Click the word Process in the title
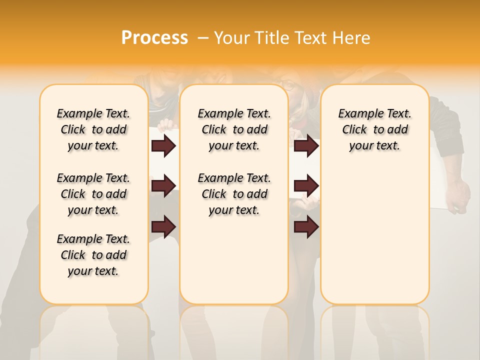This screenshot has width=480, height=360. click(x=154, y=37)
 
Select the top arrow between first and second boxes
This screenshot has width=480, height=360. click(x=163, y=146)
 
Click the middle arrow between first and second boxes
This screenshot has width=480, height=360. click(x=163, y=186)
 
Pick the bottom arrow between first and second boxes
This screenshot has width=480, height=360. click(x=163, y=226)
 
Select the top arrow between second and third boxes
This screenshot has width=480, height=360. click(x=306, y=146)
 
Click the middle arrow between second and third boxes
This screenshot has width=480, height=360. click(x=306, y=186)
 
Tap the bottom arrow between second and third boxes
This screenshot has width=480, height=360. click(x=306, y=226)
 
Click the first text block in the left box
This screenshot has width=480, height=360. click(x=93, y=129)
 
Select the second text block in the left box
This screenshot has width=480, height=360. click(x=93, y=194)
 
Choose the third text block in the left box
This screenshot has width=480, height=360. click(x=93, y=255)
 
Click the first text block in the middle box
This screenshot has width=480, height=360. click(x=234, y=129)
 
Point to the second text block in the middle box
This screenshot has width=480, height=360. click(x=234, y=194)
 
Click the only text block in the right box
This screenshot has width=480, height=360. click(x=374, y=129)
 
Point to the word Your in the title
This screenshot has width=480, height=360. click(x=231, y=37)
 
